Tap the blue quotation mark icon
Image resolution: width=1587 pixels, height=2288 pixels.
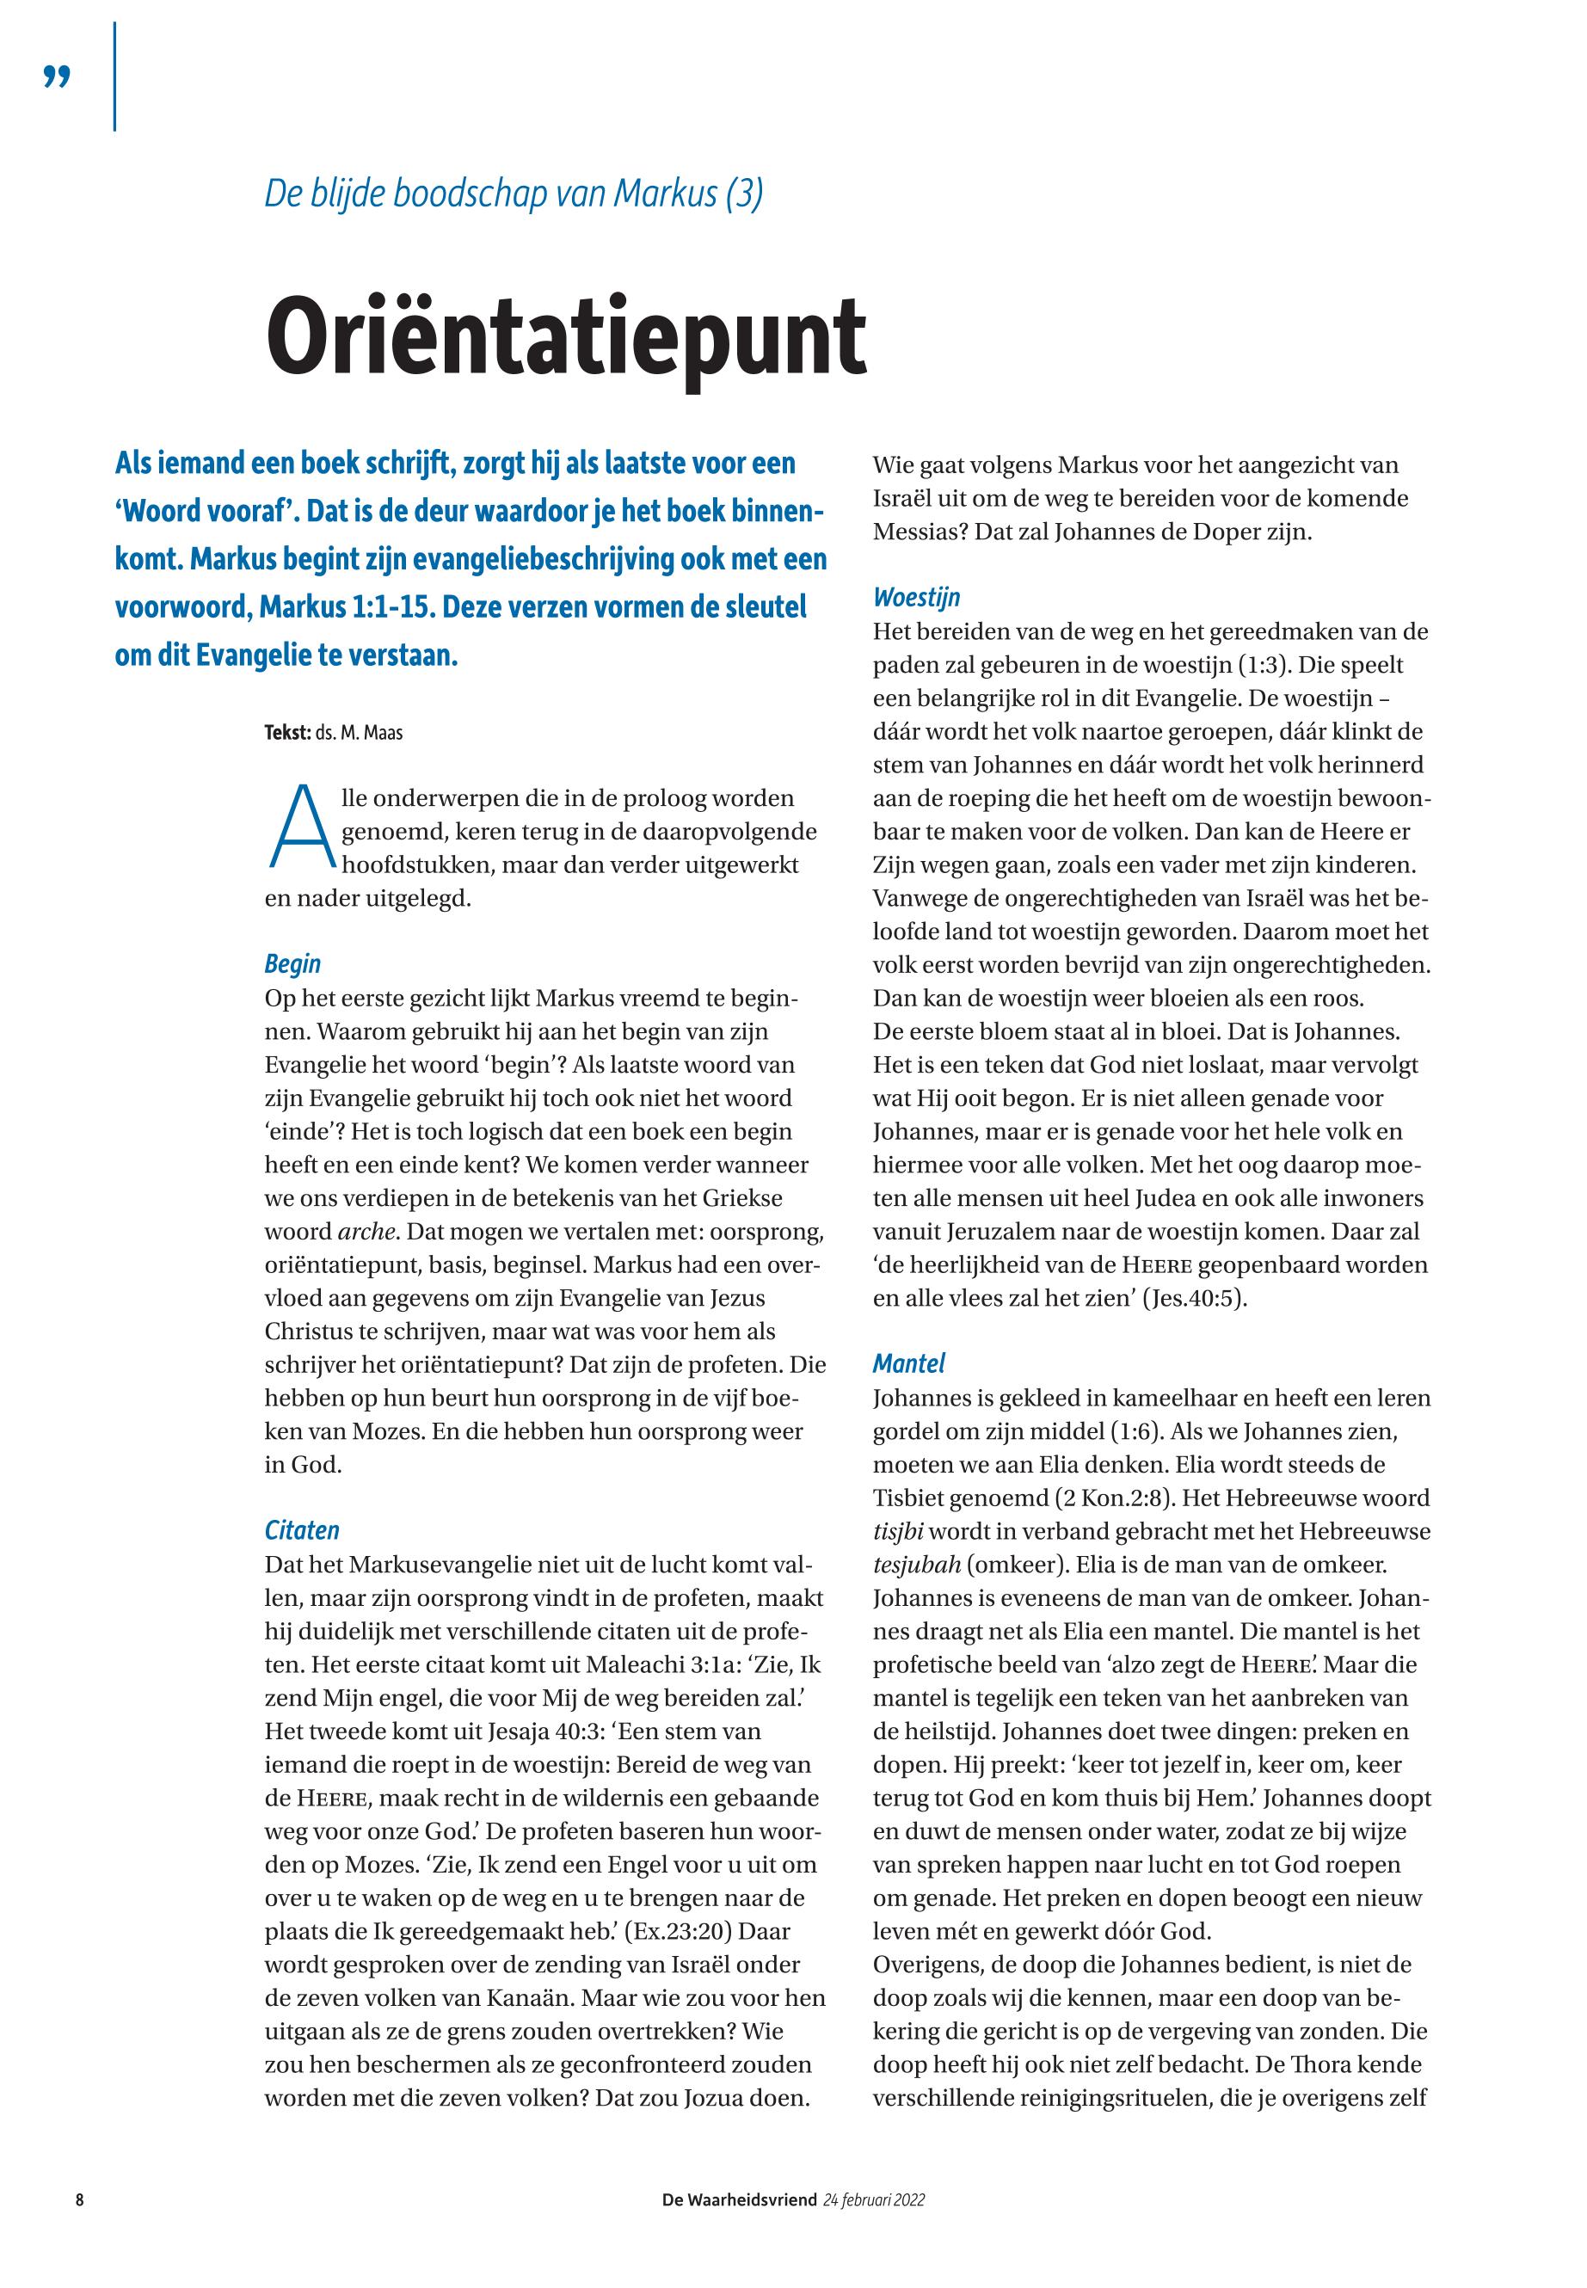point(58,77)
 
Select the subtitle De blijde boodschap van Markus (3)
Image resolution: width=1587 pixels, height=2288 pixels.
point(514,194)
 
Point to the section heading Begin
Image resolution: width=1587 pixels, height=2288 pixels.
point(292,963)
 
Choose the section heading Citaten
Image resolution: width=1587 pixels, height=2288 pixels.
point(301,1529)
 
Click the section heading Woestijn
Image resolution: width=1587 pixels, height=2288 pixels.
point(916,598)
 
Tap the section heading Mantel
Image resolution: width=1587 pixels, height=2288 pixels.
point(909,1363)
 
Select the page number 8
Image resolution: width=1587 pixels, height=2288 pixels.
point(79,2199)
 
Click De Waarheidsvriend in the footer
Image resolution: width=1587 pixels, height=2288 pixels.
point(740,2199)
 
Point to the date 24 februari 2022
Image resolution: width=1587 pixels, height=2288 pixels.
point(874,2199)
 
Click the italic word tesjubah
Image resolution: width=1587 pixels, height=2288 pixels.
point(917,1564)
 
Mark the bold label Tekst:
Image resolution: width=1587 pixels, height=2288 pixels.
point(287,734)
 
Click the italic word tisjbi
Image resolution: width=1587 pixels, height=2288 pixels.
point(898,1531)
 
